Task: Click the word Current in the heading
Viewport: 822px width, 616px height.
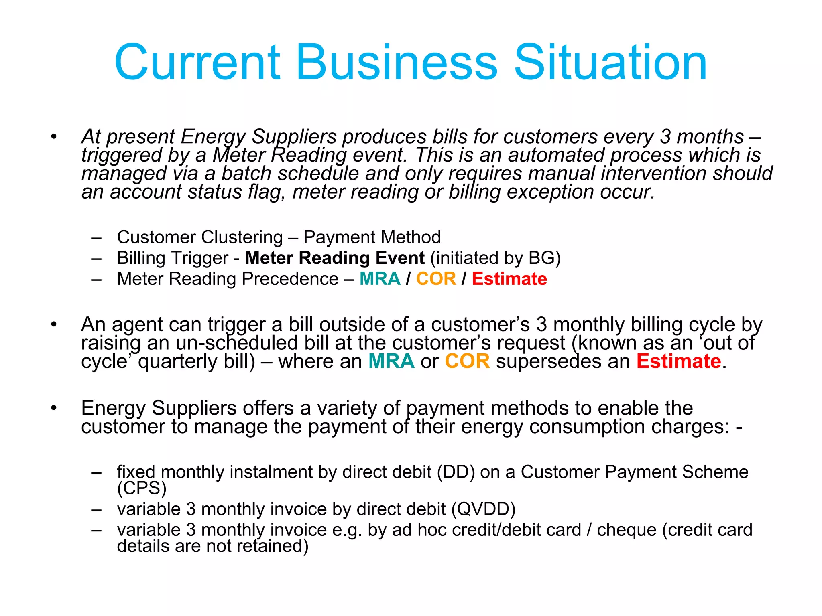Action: click(x=197, y=63)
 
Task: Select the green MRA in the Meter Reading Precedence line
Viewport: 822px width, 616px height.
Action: click(x=380, y=279)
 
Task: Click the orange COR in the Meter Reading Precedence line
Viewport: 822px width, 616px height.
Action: click(x=436, y=279)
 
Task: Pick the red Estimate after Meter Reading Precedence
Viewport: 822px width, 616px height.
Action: click(x=509, y=279)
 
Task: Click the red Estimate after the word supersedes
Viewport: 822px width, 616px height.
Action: click(x=679, y=361)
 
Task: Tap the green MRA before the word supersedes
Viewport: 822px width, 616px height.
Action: click(x=391, y=361)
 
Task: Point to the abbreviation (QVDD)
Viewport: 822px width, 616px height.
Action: click(x=483, y=509)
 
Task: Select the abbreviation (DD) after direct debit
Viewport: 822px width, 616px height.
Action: click(x=456, y=472)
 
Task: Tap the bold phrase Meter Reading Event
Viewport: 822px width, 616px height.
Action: click(x=335, y=258)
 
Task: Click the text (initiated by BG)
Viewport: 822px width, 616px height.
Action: click(x=495, y=258)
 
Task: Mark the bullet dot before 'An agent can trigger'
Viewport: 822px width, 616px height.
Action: click(x=54, y=324)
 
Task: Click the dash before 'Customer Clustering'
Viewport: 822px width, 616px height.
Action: click(x=96, y=237)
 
